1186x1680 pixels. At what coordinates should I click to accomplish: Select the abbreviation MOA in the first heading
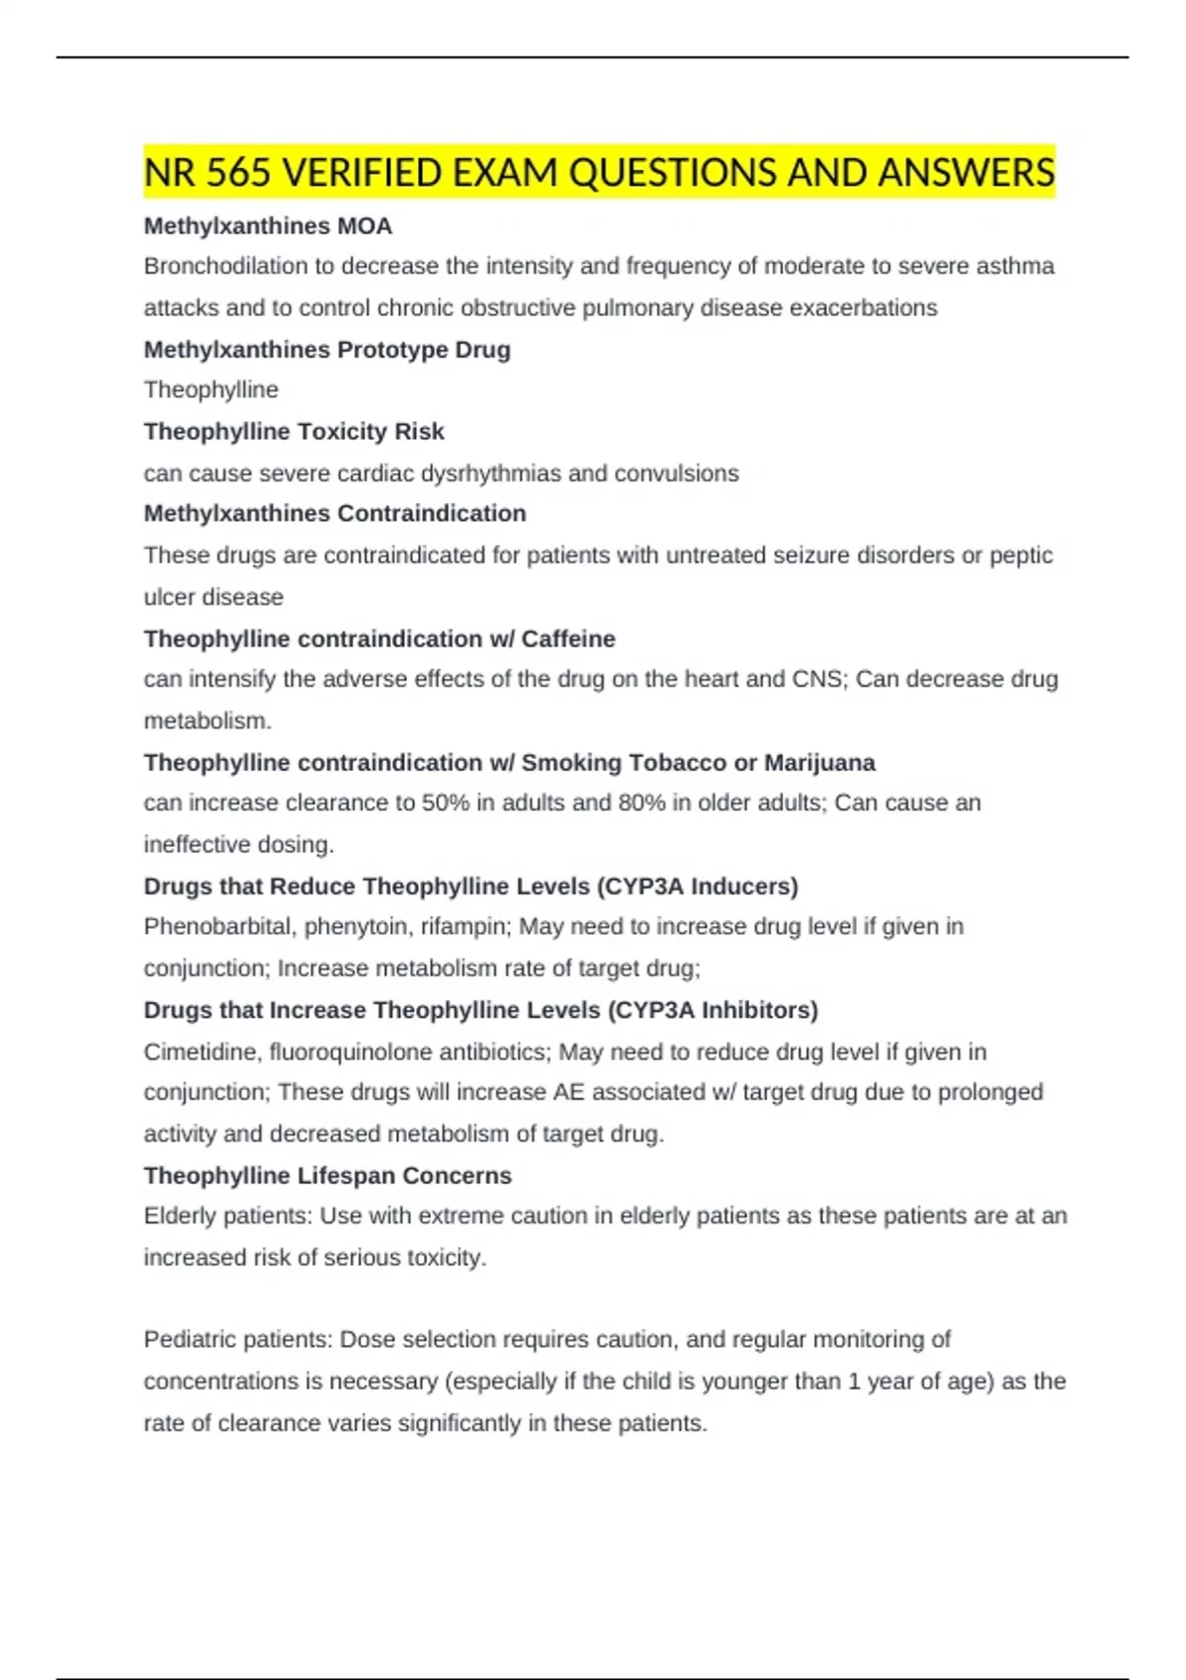[365, 226]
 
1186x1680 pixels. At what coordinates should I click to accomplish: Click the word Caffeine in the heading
[568, 639]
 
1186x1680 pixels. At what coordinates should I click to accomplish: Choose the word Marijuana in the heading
[819, 763]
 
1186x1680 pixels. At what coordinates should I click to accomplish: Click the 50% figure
[446, 802]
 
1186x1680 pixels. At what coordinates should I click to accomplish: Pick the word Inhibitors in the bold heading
[757, 1010]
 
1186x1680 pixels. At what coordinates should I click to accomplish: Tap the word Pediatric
[188, 1340]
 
